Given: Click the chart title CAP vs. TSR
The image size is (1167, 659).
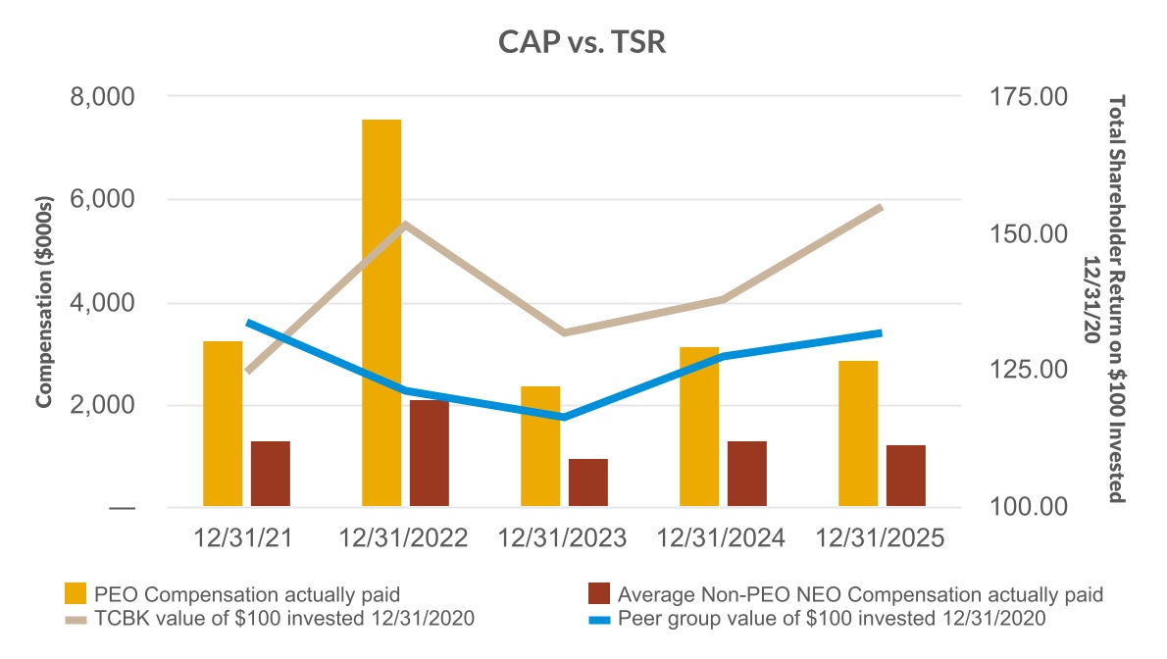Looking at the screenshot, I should [x=583, y=45].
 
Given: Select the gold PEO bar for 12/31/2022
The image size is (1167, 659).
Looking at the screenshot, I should [x=381, y=314].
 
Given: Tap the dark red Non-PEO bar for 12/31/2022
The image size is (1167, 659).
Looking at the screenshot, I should [x=430, y=454].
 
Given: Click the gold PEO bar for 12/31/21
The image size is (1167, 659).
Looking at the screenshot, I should [x=223, y=425].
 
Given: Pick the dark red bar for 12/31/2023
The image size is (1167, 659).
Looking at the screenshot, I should [x=588, y=483].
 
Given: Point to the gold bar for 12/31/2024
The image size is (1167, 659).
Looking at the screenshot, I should [x=699, y=428].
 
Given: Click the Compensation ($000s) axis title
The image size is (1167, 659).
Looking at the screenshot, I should [x=43, y=302].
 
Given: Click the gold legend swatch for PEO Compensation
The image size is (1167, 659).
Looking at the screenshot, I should [x=75, y=594].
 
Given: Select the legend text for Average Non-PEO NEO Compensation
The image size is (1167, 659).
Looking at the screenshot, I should [x=860, y=594].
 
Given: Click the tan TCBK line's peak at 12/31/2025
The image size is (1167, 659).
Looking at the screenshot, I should [x=881, y=208].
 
